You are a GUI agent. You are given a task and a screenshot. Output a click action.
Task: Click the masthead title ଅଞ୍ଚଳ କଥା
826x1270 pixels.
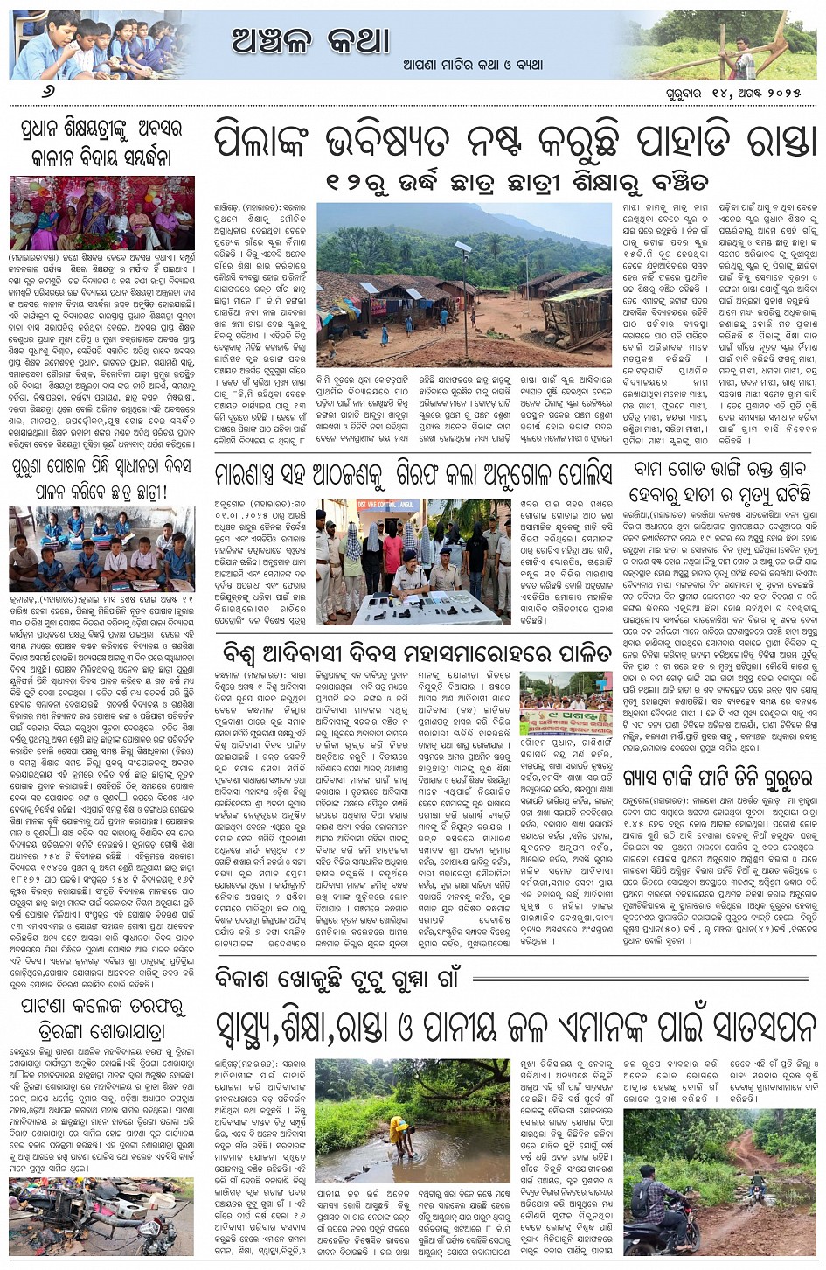point(310,39)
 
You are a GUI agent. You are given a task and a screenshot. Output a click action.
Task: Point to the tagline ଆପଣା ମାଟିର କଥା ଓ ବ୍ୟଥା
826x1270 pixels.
point(473,64)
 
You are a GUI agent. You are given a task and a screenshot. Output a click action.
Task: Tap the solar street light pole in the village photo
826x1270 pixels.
point(464,289)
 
